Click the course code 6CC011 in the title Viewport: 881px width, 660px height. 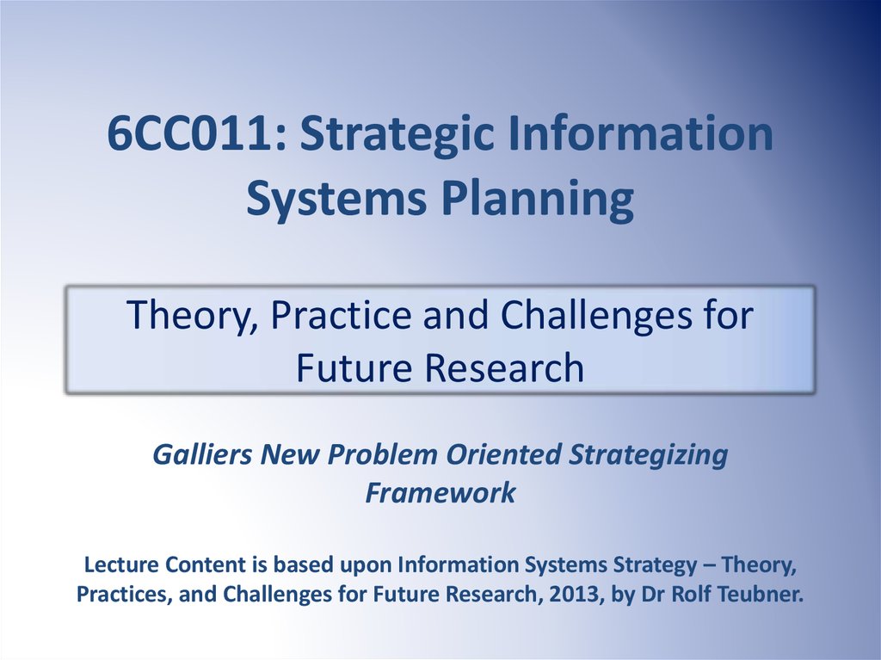click(x=191, y=133)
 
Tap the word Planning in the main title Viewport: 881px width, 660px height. click(x=539, y=200)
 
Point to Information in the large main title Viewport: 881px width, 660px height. click(x=640, y=133)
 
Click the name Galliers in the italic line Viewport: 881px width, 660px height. click(x=202, y=454)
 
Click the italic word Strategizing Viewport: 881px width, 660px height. click(x=649, y=455)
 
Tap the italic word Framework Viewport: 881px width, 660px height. click(x=440, y=492)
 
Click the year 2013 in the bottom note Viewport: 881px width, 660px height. click(x=574, y=595)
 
